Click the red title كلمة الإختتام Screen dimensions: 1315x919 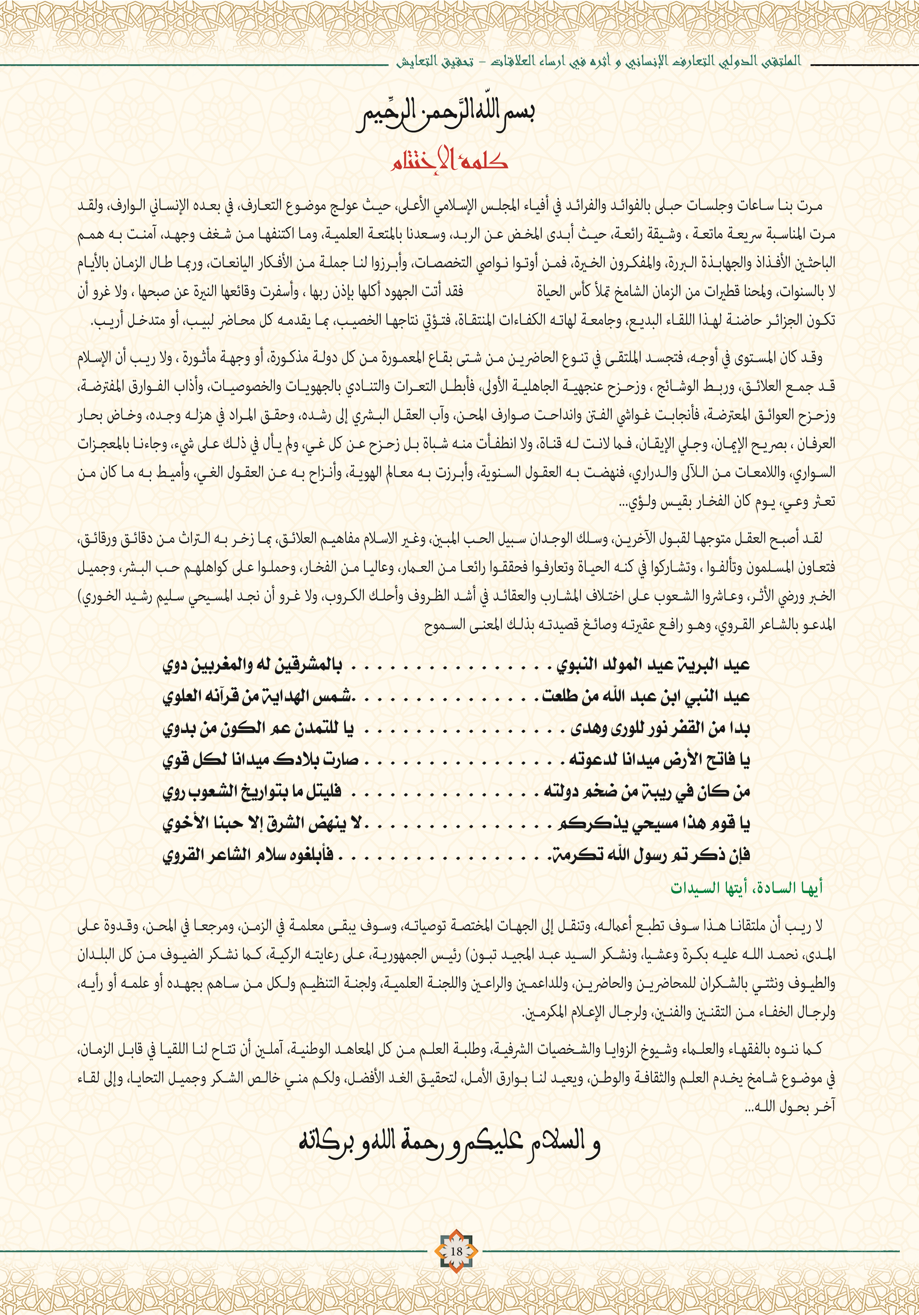(x=450, y=160)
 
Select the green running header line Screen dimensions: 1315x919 (x=598, y=61)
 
